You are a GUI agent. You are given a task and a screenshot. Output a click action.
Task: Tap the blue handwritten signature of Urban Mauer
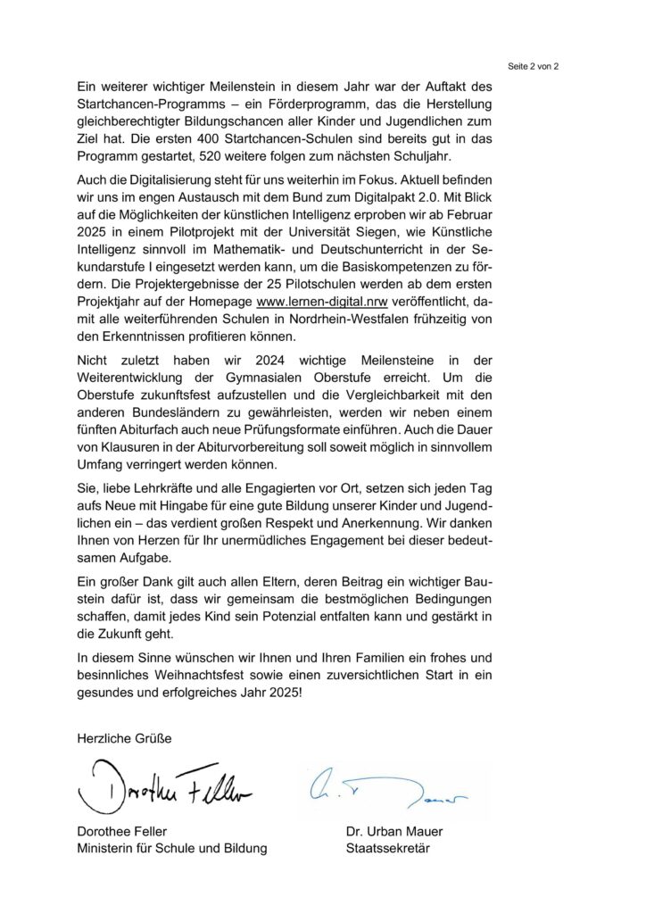pyautogui.click(x=393, y=785)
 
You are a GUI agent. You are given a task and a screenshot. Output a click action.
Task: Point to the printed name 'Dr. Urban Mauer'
pyautogui.click(x=394, y=832)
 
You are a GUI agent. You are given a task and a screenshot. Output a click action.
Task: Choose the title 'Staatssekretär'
pyautogui.click(x=387, y=849)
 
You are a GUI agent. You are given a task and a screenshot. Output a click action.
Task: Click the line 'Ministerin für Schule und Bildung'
pyautogui.click(x=172, y=849)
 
